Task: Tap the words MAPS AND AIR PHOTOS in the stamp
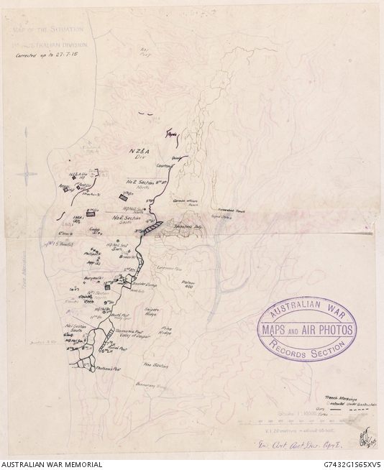[x=306, y=330]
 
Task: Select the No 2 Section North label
[x=142, y=183]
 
